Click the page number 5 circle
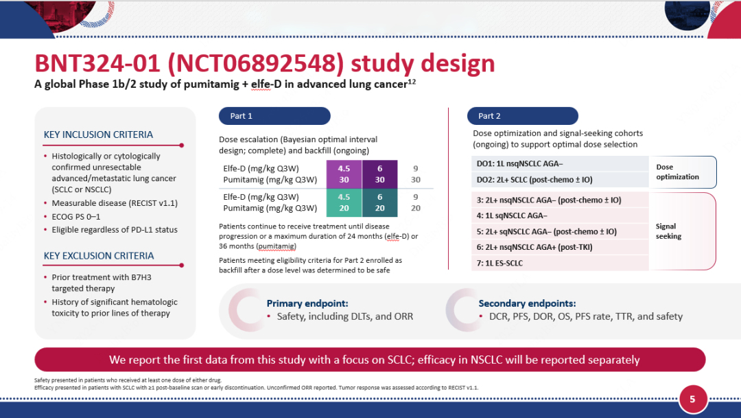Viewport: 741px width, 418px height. click(x=693, y=399)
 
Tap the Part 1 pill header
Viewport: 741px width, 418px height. click(x=274, y=116)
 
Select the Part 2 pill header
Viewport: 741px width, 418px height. click(x=523, y=116)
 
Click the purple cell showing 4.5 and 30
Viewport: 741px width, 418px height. click(x=344, y=174)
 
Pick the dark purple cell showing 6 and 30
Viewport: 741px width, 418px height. click(x=379, y=174)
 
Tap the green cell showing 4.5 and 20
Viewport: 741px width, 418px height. click(x=344, y=203)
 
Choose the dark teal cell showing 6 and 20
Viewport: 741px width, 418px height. click(x=379, y=203)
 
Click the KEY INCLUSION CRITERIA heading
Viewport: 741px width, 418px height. click(x=98, y=135)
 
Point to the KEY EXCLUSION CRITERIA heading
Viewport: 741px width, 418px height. click(x=99, y=256)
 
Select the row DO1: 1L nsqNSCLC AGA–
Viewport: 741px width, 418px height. click(x=560, y=163)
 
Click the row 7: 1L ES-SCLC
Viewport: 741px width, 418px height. click(x=560, y=263)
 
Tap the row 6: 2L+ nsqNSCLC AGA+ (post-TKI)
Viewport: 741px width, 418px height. click(x=560, y=247)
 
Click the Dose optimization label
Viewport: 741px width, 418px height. click(x=677, y=172)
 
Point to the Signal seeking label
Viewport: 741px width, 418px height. click(x=668, y=231)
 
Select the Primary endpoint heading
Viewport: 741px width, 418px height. click(x=307, y=303)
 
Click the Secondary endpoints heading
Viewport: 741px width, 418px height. click(x=527, y=303)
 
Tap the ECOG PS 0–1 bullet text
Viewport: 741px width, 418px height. click(x=75, y=217)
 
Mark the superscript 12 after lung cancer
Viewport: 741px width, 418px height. click(x=412, y=82)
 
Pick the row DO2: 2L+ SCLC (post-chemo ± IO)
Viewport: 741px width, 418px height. click(x=560, y=180)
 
